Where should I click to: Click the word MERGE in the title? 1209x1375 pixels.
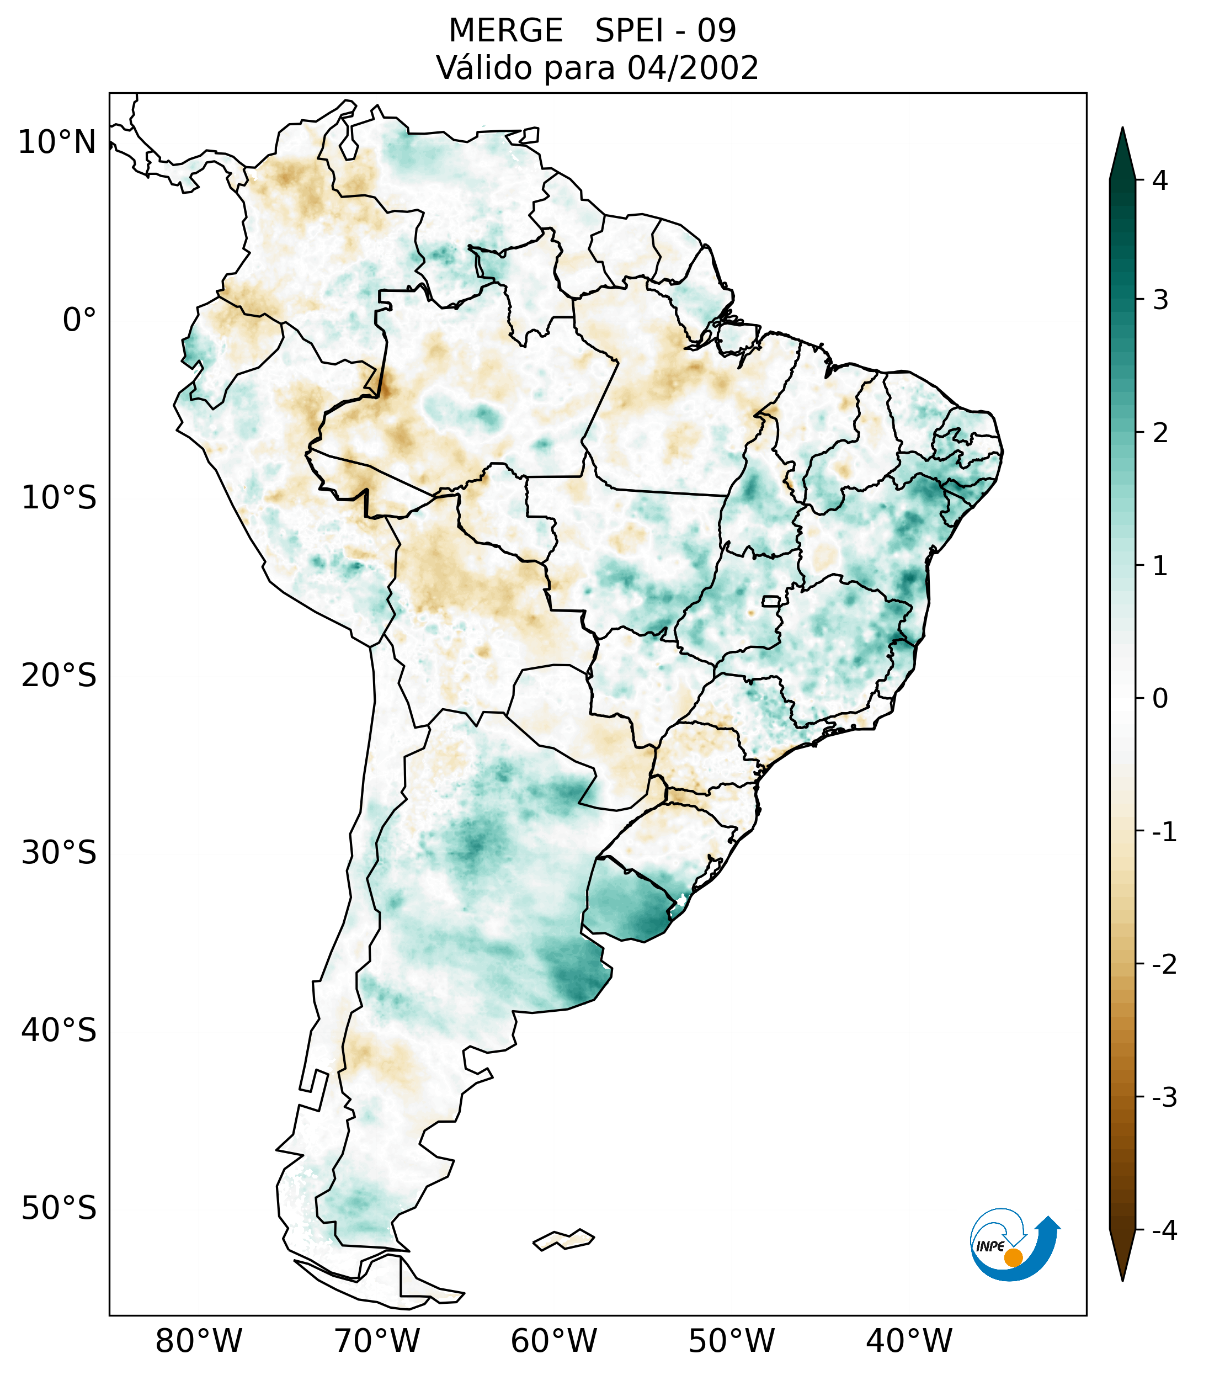[x=505, y=31]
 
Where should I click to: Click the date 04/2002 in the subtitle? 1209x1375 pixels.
[x=693, y=68]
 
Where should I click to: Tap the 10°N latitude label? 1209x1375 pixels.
[x=56, y=142]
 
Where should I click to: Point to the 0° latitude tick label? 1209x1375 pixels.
[x=79, y=320]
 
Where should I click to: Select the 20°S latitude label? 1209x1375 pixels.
[x=59, y=676]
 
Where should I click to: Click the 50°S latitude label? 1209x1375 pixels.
[x=59, y=1209]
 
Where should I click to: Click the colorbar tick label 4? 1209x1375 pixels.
[x=1160, y=180]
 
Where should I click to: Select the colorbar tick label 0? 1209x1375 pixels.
[x=1160, y=699]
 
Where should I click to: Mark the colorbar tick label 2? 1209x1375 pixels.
[x=1160, y=433]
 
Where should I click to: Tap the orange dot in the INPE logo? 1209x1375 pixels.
[x=1013, y=1257]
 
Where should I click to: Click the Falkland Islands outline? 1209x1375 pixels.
[x=563, y=1240]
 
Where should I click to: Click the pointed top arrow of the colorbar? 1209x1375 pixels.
[x=1122, y=151]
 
